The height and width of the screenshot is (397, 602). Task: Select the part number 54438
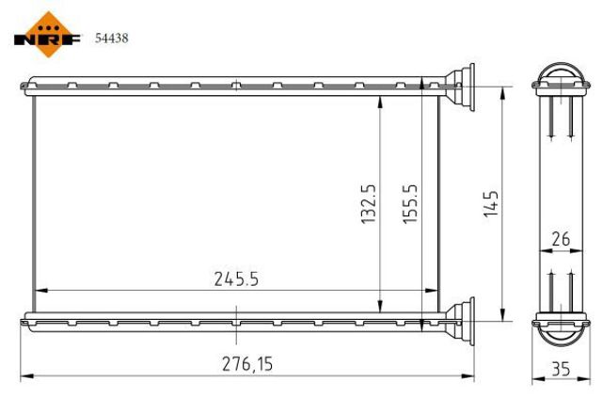(112, 39)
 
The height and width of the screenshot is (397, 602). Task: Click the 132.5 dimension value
(369, 203)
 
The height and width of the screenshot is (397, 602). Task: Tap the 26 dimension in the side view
(561, 239)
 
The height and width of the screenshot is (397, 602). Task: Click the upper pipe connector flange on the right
(463, 82)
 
